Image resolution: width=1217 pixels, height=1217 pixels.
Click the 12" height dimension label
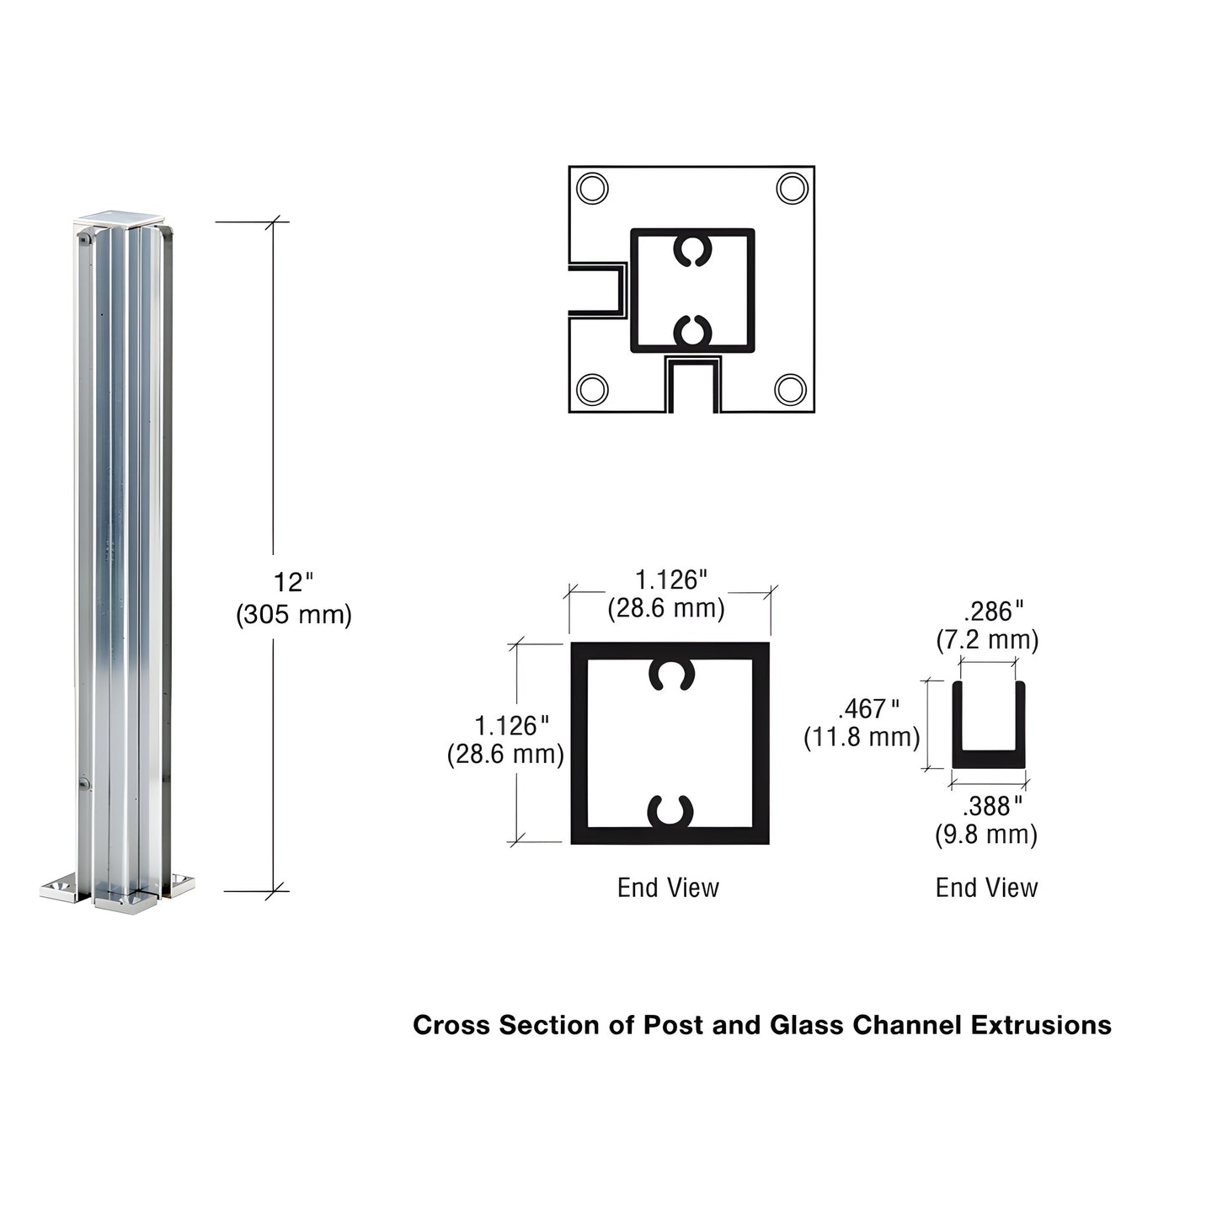292,582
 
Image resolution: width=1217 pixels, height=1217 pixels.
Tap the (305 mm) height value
293,615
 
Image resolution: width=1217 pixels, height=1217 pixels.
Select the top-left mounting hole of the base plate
592,188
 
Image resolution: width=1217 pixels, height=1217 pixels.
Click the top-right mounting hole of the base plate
792,188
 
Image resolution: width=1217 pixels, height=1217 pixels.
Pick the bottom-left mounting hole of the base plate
592,389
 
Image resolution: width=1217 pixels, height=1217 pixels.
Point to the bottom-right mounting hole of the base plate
790,389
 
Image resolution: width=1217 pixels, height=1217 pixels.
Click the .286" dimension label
993,611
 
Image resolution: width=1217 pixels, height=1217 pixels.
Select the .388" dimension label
992,806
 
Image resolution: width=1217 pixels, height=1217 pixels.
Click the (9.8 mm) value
986,835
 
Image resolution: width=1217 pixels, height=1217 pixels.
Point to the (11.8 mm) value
862,738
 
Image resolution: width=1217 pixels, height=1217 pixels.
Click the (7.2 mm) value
987,640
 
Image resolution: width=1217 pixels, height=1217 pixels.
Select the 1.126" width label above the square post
670,579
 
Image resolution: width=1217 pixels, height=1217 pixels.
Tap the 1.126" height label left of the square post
511,725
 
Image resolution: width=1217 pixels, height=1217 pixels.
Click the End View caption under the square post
668,888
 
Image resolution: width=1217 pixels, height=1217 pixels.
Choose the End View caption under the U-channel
986,888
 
